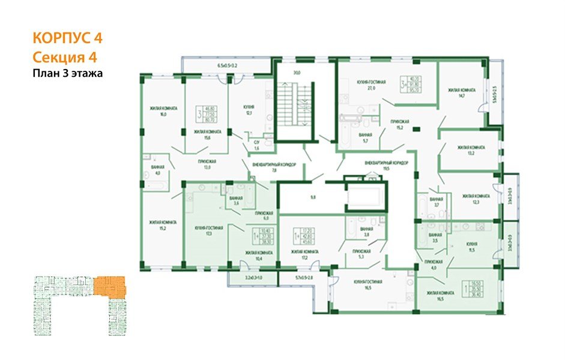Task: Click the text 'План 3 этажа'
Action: (68, 74)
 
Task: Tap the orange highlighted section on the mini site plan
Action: (110, 286)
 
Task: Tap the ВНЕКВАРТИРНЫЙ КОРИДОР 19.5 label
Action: (387, 166)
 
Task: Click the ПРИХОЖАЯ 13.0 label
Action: (208, 164)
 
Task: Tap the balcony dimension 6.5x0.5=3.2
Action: (227, 65)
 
